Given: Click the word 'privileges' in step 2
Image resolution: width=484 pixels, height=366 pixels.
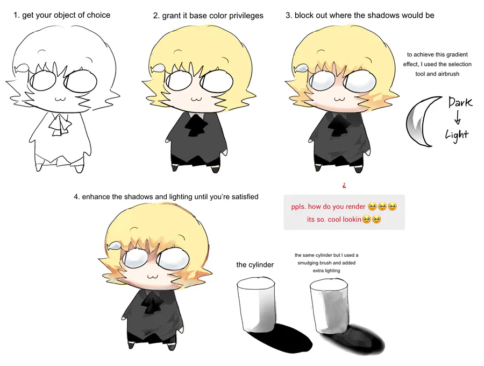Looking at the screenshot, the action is tap(246, 16).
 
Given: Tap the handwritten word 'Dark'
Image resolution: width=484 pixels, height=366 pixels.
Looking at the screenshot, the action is tap(460, 102).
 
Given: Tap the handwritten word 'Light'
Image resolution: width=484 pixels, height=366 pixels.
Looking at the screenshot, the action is tap(457, 135).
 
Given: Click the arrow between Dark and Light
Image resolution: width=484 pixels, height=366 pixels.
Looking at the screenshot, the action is tap(458, 118).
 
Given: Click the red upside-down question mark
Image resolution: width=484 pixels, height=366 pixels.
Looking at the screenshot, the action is tap(344, 186).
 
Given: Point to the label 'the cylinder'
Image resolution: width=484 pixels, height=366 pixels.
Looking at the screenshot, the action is tap(255, 265).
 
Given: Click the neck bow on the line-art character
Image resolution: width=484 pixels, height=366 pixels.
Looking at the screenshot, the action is tap(60, 124).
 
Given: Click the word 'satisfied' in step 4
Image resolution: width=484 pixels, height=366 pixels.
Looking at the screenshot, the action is tap(245, 197).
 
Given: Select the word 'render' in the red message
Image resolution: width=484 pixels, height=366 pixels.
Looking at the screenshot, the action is tap(355, 206).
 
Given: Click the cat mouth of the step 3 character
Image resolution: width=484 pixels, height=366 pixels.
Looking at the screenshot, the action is tap(339, 99).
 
